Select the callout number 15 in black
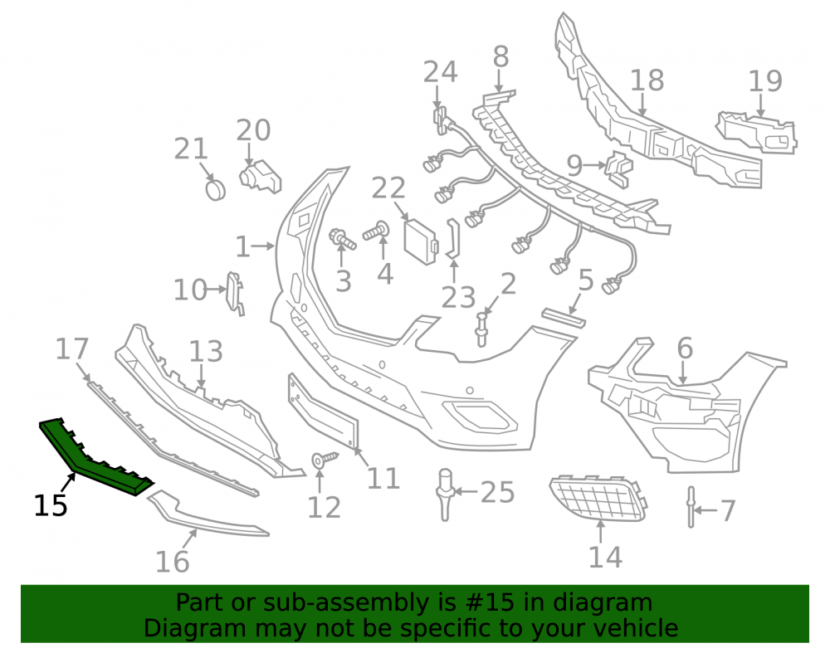click(51, 505)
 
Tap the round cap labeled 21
click(216, 190)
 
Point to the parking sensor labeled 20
click(260, 177)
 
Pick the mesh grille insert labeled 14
click(598, 498)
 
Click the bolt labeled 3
click(343, 239)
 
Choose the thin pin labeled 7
click(691, 507)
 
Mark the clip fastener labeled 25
click(445, 494)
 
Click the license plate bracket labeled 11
click(323, 411)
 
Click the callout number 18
click(647, 80)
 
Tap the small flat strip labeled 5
click(564, 318)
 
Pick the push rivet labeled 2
click(481, 329)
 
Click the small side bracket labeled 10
click(235, 293)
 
